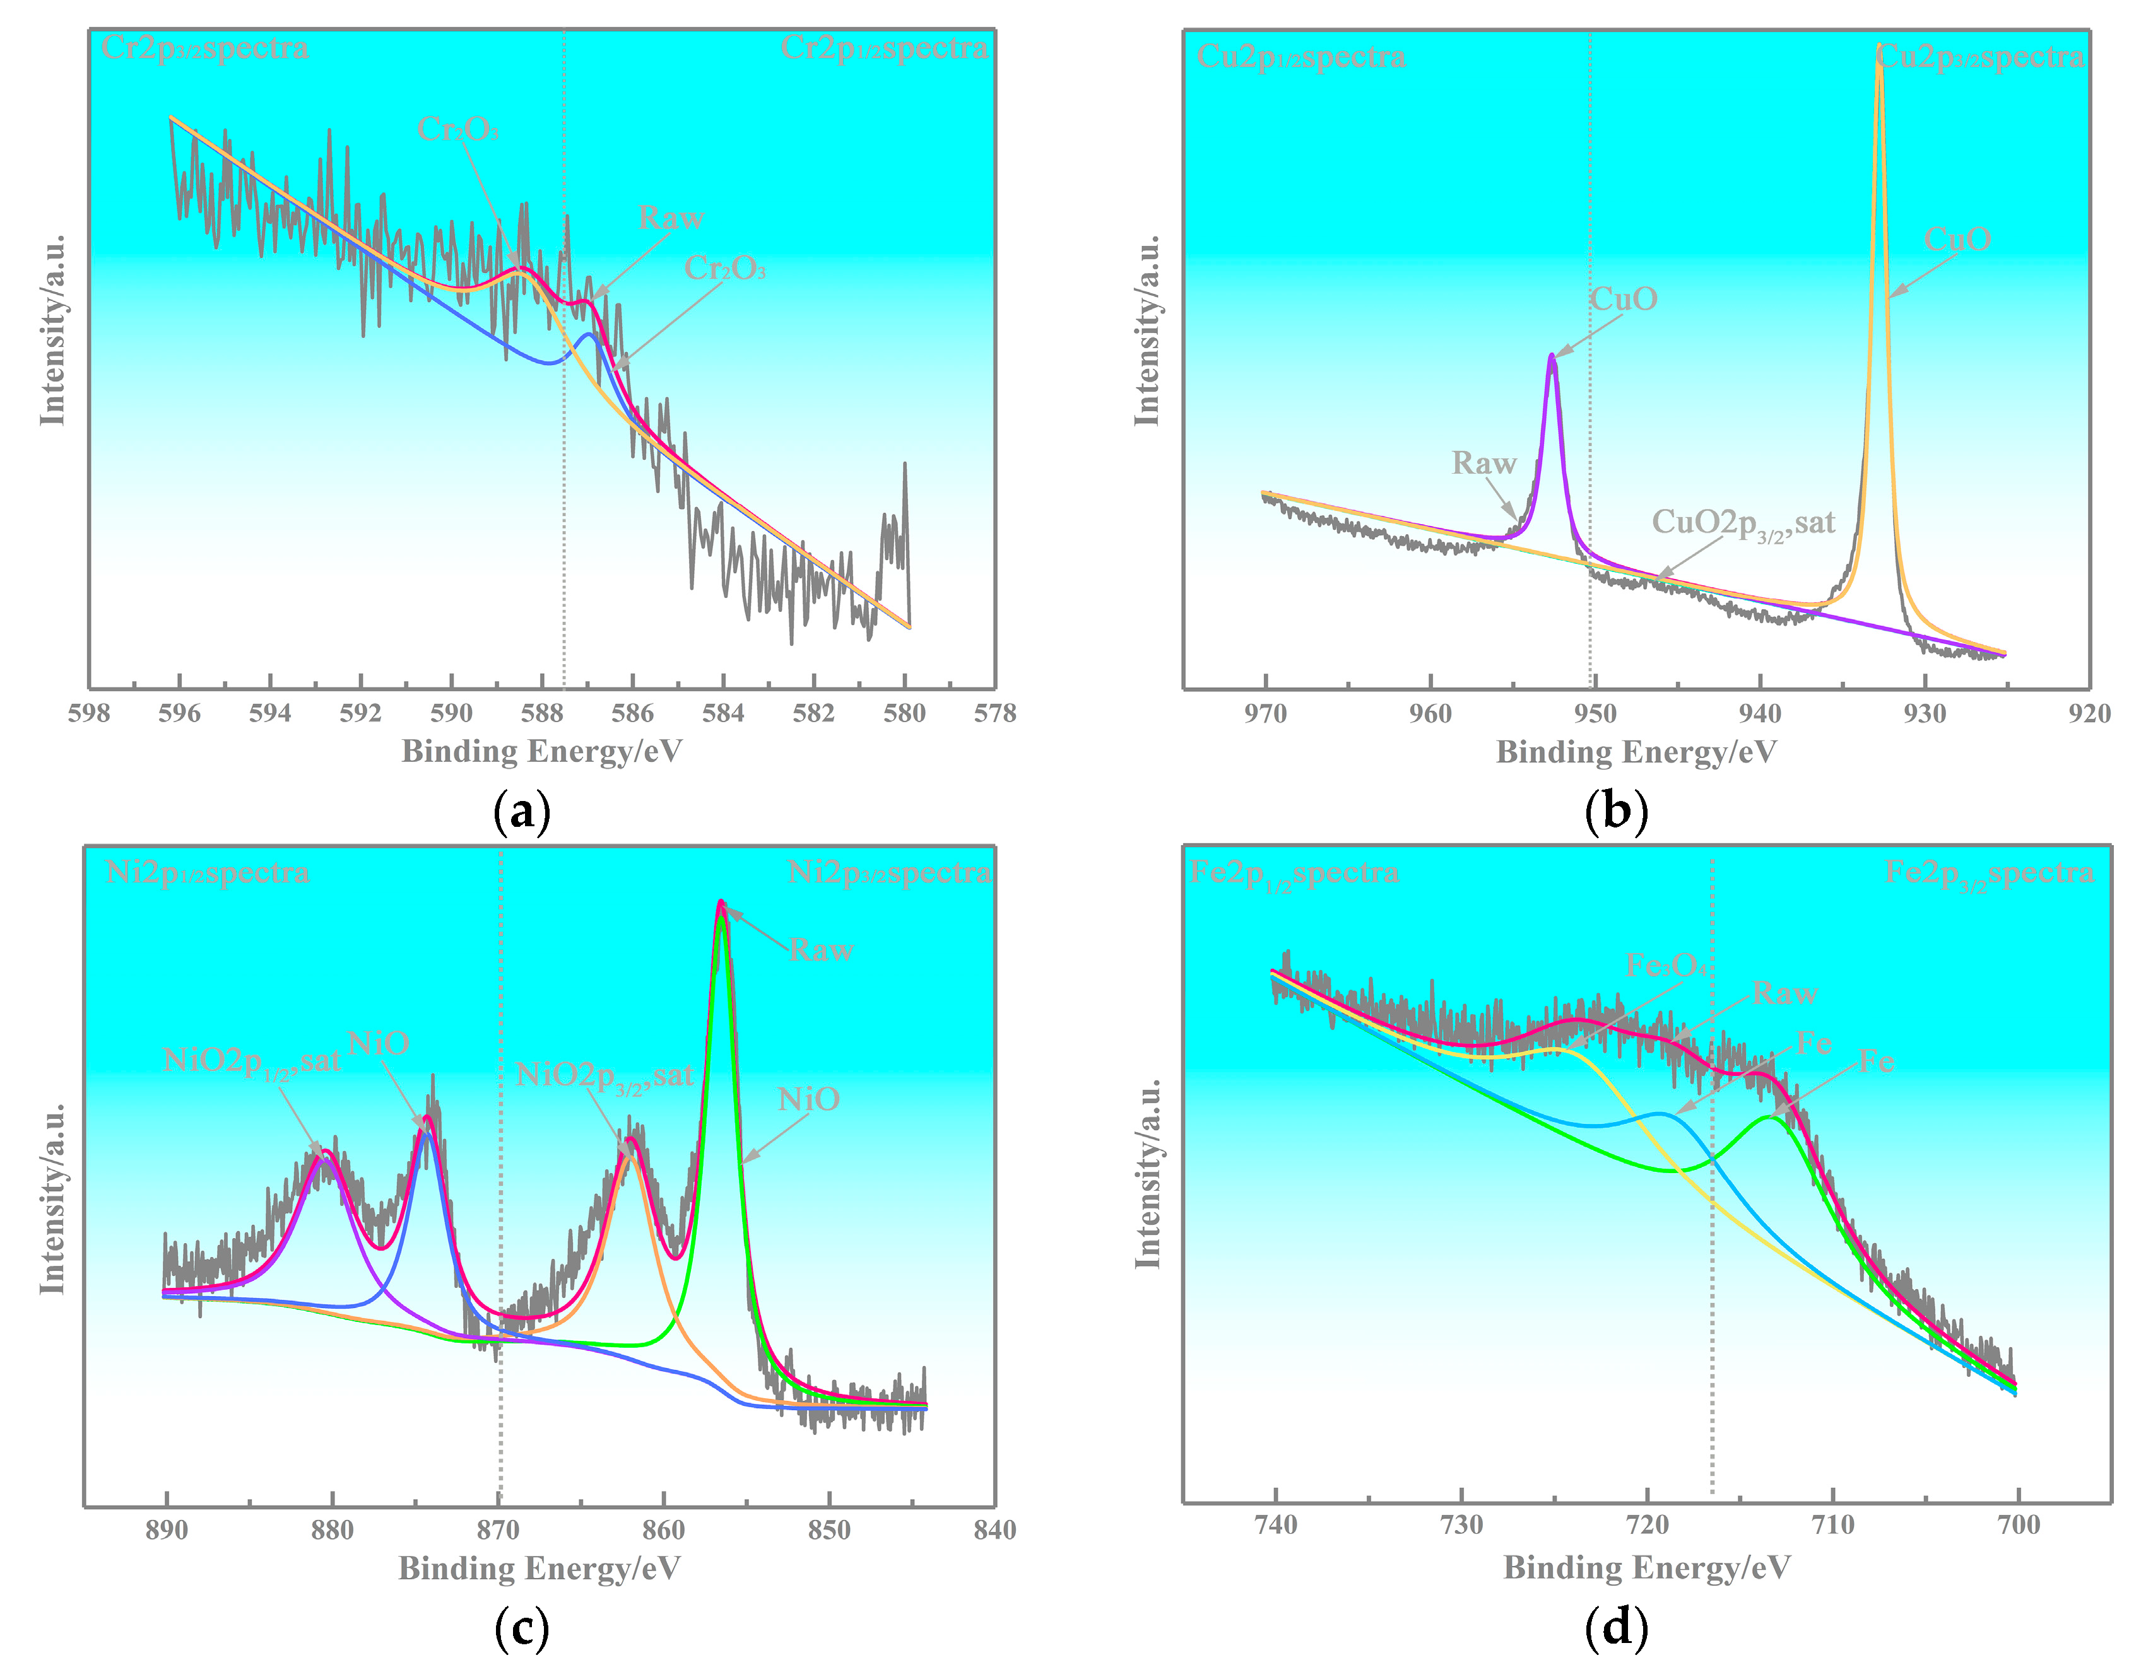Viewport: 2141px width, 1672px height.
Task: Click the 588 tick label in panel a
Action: pyautogui.click(x=541, y=713)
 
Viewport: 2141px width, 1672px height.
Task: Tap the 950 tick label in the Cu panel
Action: pyautogui.click(x=1595, y=713)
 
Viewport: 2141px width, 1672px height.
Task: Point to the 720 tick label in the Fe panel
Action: pyautogui.click(x=1648, y=1525)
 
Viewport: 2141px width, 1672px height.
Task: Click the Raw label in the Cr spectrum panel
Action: pyautogui.click(x=671, y=219)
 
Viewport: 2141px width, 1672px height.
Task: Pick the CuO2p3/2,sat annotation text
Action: pyautogui.click(x=1743, y=523)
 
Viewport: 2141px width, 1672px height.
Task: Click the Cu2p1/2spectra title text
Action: pyautogui.click(x=1301, y=57)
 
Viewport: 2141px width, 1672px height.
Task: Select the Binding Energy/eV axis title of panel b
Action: pyautogui.click(x=1636, y=752)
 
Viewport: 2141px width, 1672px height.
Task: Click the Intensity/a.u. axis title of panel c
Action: pyautogui.click(x=53, y=1198)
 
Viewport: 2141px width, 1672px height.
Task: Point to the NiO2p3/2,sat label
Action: pyautogui.click(x=605, y=1076)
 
